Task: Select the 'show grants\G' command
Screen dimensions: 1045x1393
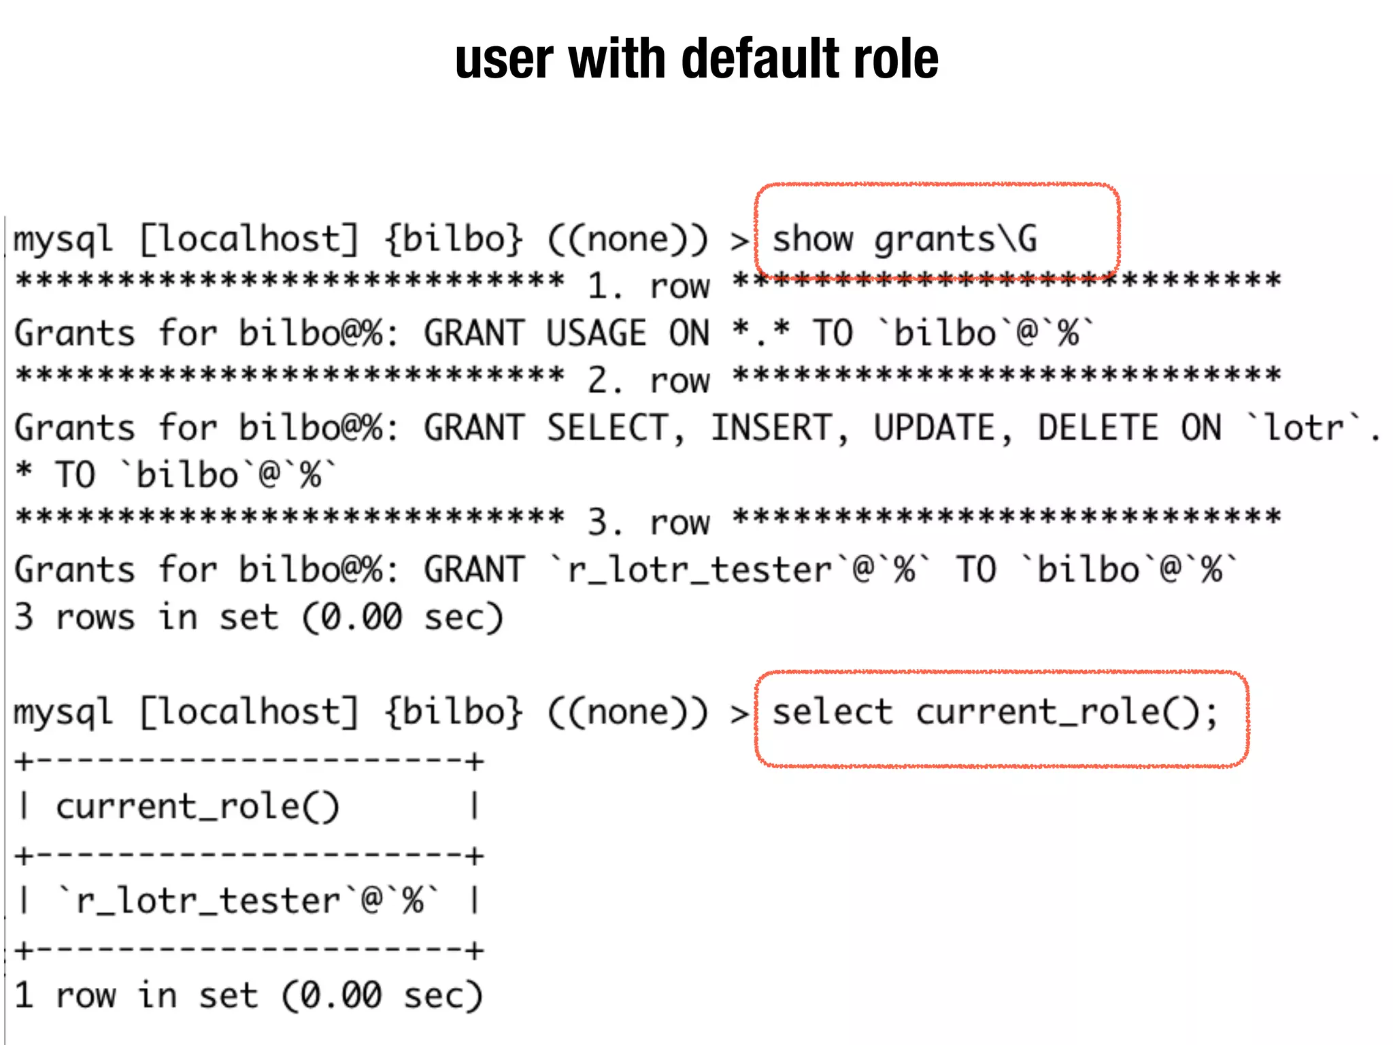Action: [905, 239]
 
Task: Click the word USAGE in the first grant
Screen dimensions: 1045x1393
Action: [596, 333]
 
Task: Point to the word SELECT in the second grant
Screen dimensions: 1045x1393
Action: [609, 428]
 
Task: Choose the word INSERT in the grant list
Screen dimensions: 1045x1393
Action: [772, 428]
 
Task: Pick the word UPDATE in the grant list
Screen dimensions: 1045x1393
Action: [935, 428]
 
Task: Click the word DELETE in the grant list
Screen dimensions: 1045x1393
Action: [1098, 428]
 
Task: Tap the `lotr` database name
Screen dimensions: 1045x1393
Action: [1304, 428]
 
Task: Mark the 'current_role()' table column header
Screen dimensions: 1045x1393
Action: [197, 807]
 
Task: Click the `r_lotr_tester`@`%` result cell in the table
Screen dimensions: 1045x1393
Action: [248, 901]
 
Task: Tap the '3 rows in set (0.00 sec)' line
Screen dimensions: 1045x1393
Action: [258, 617]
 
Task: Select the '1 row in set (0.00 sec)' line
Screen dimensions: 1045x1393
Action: [248, 995]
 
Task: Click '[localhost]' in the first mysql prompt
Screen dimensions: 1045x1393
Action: [249, 239]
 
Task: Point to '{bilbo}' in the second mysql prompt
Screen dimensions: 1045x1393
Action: [454, 712]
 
